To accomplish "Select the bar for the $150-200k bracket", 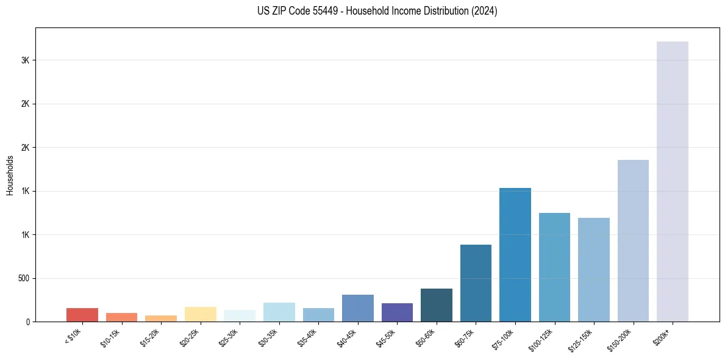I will pos(633,240).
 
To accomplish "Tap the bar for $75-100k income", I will pos(515,254).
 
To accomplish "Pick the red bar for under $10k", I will pos(82,315).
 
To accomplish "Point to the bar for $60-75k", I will pos(476,283).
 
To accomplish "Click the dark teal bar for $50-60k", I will pos(436,305).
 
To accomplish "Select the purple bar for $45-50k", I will pos(397,312).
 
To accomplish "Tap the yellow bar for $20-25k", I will pos(200,314).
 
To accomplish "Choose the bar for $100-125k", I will pos(554,267).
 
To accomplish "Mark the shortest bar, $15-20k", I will pos(161,319).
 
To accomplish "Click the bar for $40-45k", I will pos(357,308).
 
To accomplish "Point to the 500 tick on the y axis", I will pos(24,278).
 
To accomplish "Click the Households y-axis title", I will pos(10,175).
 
